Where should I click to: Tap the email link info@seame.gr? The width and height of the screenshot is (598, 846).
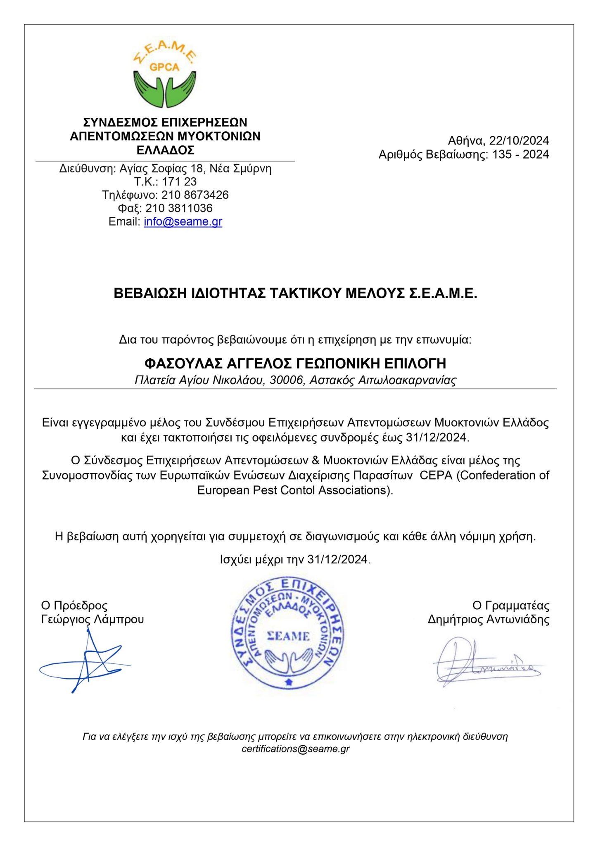(x=183, y=221)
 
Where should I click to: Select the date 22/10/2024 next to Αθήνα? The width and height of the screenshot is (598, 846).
(x=519, y=140)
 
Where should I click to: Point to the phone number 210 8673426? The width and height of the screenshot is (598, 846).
(x=195, y=195)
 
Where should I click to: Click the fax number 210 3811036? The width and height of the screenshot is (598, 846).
(x=179, y=208)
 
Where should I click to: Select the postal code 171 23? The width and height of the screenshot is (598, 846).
(x=179, y=182)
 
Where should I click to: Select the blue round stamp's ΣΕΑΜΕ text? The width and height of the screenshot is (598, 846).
(x=288, y=636)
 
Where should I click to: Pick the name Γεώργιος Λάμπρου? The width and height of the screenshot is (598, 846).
(x=93, y=620)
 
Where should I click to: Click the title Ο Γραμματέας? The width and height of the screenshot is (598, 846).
(x=511, y=606)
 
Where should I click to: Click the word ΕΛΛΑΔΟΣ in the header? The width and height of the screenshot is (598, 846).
(x=165, y=150)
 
